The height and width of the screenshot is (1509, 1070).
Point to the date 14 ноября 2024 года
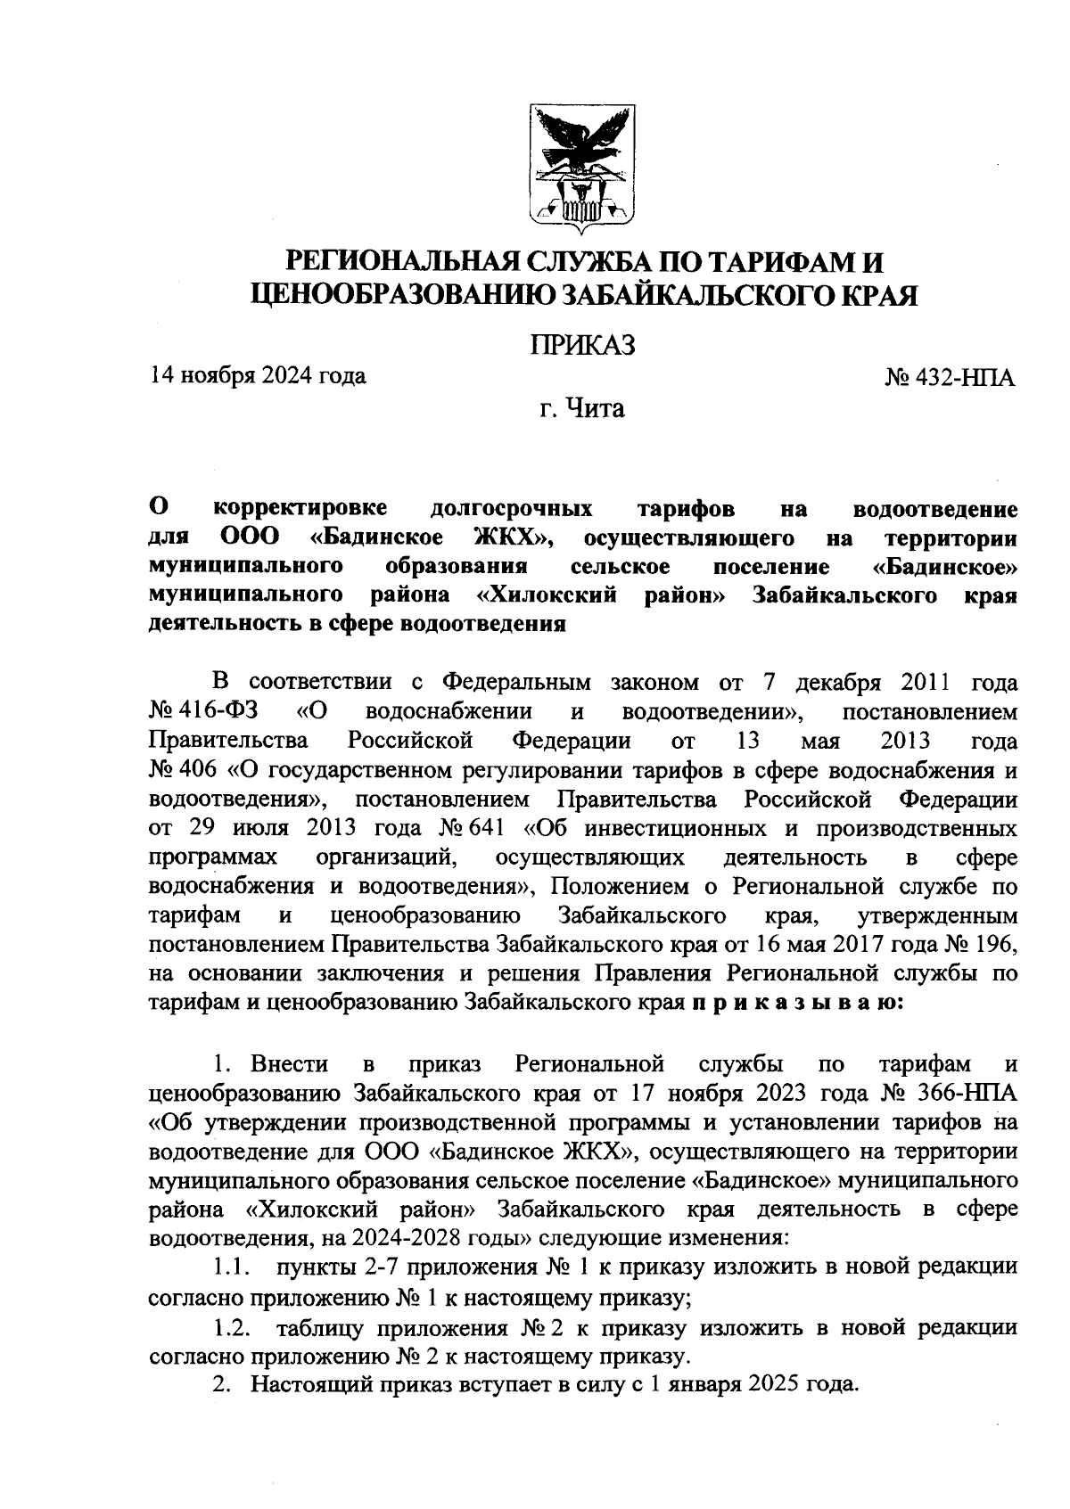(259, 375)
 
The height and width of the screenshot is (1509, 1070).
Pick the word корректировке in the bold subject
(300, 509)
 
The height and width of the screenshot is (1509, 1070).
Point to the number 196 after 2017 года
(994, 945)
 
